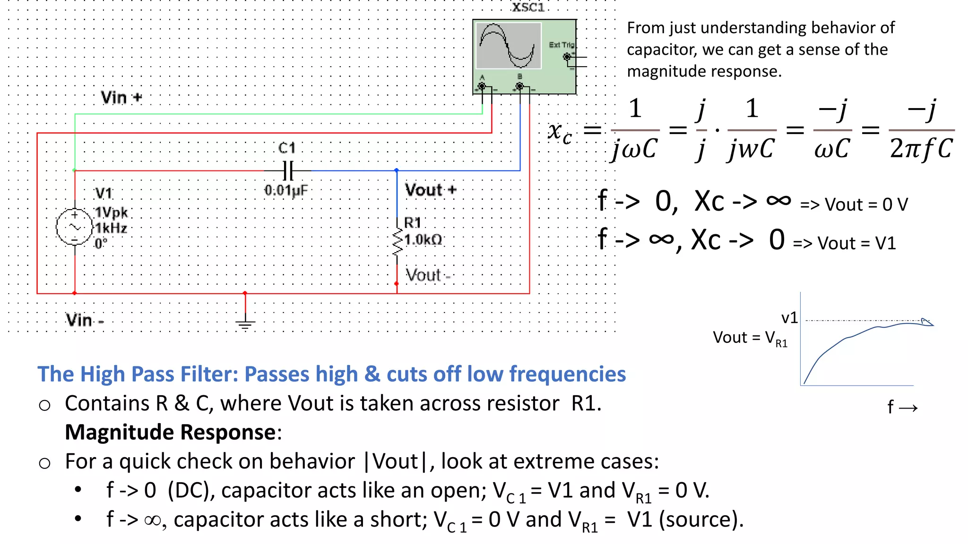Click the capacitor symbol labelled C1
click(x=288, y=170)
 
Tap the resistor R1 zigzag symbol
click(x=398, y=241)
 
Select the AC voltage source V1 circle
click(x=74, y=227)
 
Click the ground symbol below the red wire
click(x=245, y=323)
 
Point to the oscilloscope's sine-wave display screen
click(x=508, y=46)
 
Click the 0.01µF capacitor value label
click(x=286, y=190)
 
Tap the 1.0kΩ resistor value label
click(x=423, y=240)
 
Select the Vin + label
click(x=121, y=98)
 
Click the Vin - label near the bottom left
click(x=85, y=320)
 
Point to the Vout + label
click(x=430, y=190)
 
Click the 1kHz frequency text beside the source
click(x=111, y=229)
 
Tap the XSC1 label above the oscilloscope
click(x=528, y=7)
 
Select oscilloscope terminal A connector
click(x=482, y=86)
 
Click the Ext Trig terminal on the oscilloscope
click(x=567, y=57)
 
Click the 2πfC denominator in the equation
click(x=921, y=149)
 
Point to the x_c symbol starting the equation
click(x=560, y=131)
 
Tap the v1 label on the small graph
click(x=789, y=318)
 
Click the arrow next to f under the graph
click(x=908, y=408)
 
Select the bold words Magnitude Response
click(x=171, y=432)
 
